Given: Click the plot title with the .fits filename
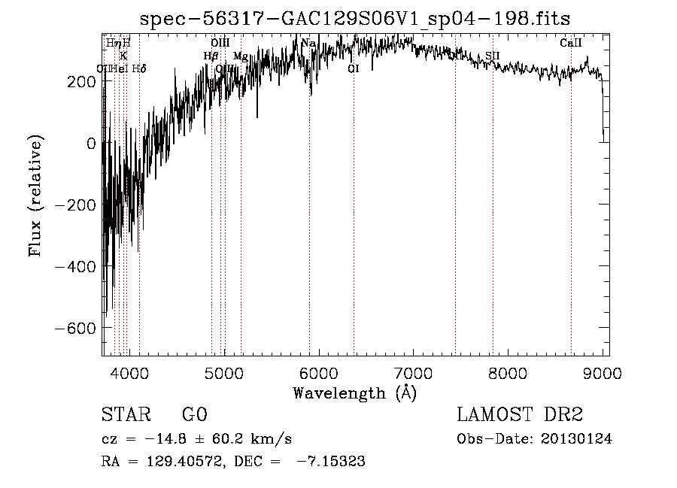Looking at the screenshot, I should [355, 17].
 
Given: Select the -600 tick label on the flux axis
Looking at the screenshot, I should [72, 328].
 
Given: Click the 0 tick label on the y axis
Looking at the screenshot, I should [90, 143].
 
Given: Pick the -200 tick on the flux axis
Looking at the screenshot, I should [72, 205].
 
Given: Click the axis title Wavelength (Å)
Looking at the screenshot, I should [354, 393].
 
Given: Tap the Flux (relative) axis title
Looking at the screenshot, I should [35, 196].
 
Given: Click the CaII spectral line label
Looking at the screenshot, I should [571, 44].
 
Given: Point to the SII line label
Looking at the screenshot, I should [492, 56].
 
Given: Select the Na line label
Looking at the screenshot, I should [308, 44].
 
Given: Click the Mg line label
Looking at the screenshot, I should [241, 56].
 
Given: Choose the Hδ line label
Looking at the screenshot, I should [139, 69].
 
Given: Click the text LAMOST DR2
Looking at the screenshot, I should [519, 415].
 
